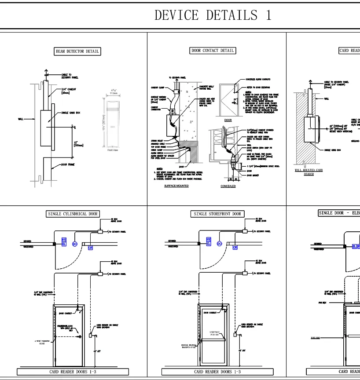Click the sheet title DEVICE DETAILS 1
tap(213, 15)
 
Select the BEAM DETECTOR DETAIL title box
tap(77, 51)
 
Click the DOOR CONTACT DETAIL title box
tap(213, 51)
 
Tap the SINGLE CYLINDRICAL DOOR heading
tap(73, 214)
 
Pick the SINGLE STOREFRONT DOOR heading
tap(217, 214)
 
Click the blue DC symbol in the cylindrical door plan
tap(75, 244)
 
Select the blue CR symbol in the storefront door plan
tap(235, 248)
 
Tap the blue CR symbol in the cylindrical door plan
tap(91, 248)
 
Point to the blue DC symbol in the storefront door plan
tap(219, 244)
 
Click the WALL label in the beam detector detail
tap(21, 119)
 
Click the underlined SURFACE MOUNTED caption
tap(176, 186)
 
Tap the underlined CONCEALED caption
tap(228, 186)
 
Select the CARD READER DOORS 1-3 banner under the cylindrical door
tap(73, 372)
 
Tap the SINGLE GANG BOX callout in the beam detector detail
tap(70, 113)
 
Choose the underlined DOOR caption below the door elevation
tap(228, 120)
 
